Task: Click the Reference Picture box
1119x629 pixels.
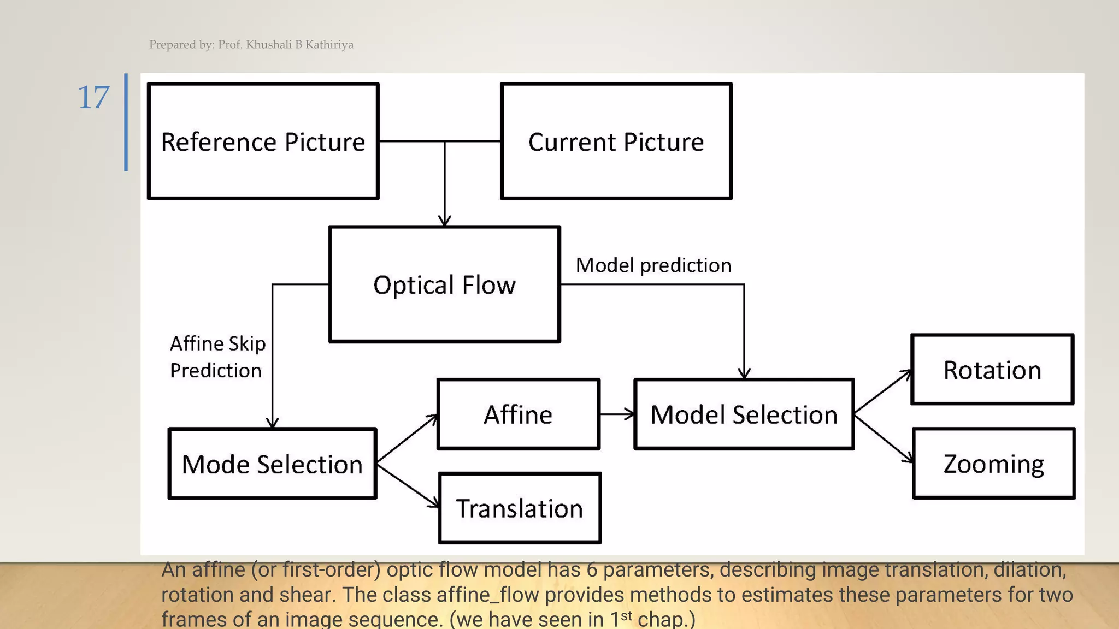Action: point(263,141)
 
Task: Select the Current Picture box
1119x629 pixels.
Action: point(616,141)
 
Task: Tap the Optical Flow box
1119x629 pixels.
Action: point(444,284)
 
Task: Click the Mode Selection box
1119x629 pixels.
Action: point(272,464)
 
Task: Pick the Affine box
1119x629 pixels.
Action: point(518,414)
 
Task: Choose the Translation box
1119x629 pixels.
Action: point(520,508)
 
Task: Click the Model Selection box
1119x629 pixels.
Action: point(744,414)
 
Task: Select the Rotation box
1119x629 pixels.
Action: point(992,370)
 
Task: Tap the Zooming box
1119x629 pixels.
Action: point(993,464)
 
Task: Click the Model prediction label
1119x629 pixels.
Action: point(653,265)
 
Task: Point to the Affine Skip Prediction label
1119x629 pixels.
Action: point(217,357)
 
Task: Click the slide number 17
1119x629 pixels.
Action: point(93,98)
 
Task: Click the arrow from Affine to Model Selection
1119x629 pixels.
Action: point(617,414)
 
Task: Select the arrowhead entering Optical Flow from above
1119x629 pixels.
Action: point(445,220)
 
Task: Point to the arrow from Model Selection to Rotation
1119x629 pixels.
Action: point(882,391)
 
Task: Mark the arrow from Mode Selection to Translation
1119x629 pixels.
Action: point(408,486)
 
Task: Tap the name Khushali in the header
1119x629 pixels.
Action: point(268,45)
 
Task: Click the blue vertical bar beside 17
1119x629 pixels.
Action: point(126,122)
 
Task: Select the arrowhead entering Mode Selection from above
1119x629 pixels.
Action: point(273,422)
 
